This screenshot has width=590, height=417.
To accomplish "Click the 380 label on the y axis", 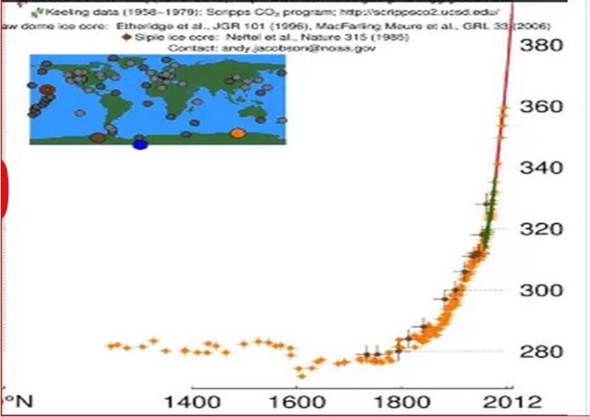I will click(x=542, y=46).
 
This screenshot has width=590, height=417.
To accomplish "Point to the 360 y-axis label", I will click(x=542, y=108).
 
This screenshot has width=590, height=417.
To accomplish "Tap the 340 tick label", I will click(x=542, y=169).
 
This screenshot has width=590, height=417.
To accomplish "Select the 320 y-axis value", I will click(x=542, y=229).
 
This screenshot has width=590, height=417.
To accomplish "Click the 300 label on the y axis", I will click(x=542, y=290).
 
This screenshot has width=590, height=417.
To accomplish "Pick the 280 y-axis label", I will click(x=542, y=351).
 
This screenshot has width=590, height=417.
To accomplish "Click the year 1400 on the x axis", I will click(x=192, y=402).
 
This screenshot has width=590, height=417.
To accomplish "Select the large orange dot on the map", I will click(x=237, y=133).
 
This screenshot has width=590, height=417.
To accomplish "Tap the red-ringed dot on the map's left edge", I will click(x=48, y=91).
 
